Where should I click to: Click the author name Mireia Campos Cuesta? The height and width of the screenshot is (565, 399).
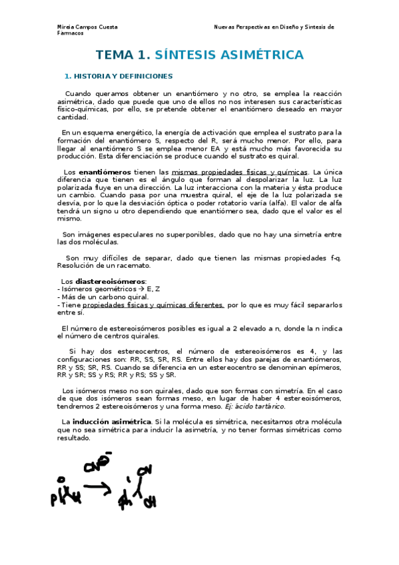pyautogui.click(x=87, y=27)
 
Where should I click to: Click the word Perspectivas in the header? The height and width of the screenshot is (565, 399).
pyautogui.click(x=253, y=27)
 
